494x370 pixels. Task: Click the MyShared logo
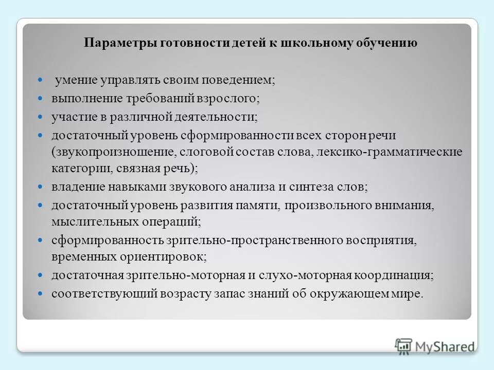click(435, 345)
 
